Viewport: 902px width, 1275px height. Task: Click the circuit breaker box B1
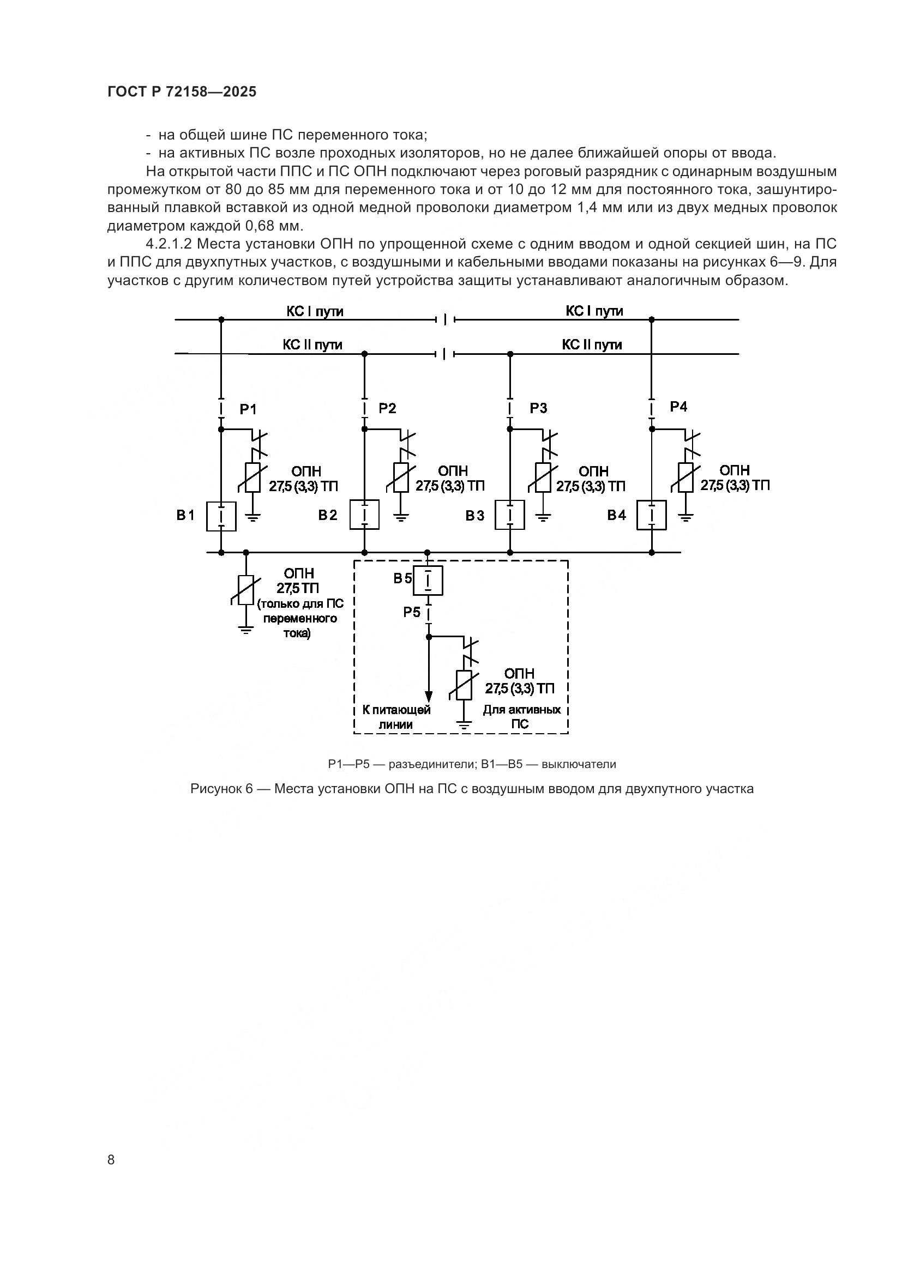[x=221, y=516]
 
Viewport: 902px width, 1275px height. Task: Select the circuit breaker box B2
[x=364, y=514]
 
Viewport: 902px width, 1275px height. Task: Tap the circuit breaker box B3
[x=510, y=514]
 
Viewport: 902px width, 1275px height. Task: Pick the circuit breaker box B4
[x=652, y=515]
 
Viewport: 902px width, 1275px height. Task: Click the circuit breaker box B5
[x=428, y=581]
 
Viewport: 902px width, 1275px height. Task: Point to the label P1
[x=248, y=410]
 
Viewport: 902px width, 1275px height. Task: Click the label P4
[x=678, y=407]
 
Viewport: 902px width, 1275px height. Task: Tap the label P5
[x=412, y=613]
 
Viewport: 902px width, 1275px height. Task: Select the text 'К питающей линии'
[x=396, y=717]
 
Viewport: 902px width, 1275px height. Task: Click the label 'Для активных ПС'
[x=521, y=717]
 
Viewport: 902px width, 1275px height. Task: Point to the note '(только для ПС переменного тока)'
[x=300, y=618]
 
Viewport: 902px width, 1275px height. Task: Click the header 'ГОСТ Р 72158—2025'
[x=182, y=92]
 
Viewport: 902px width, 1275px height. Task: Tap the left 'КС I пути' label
[x=314, y=312]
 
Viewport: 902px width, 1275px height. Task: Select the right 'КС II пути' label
[x=592, y=345]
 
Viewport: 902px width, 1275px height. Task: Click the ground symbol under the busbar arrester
[x=246, y=630]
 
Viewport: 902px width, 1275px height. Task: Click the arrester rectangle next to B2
[x=401, y=478]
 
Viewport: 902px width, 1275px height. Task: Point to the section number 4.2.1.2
[x=169, y=244]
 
